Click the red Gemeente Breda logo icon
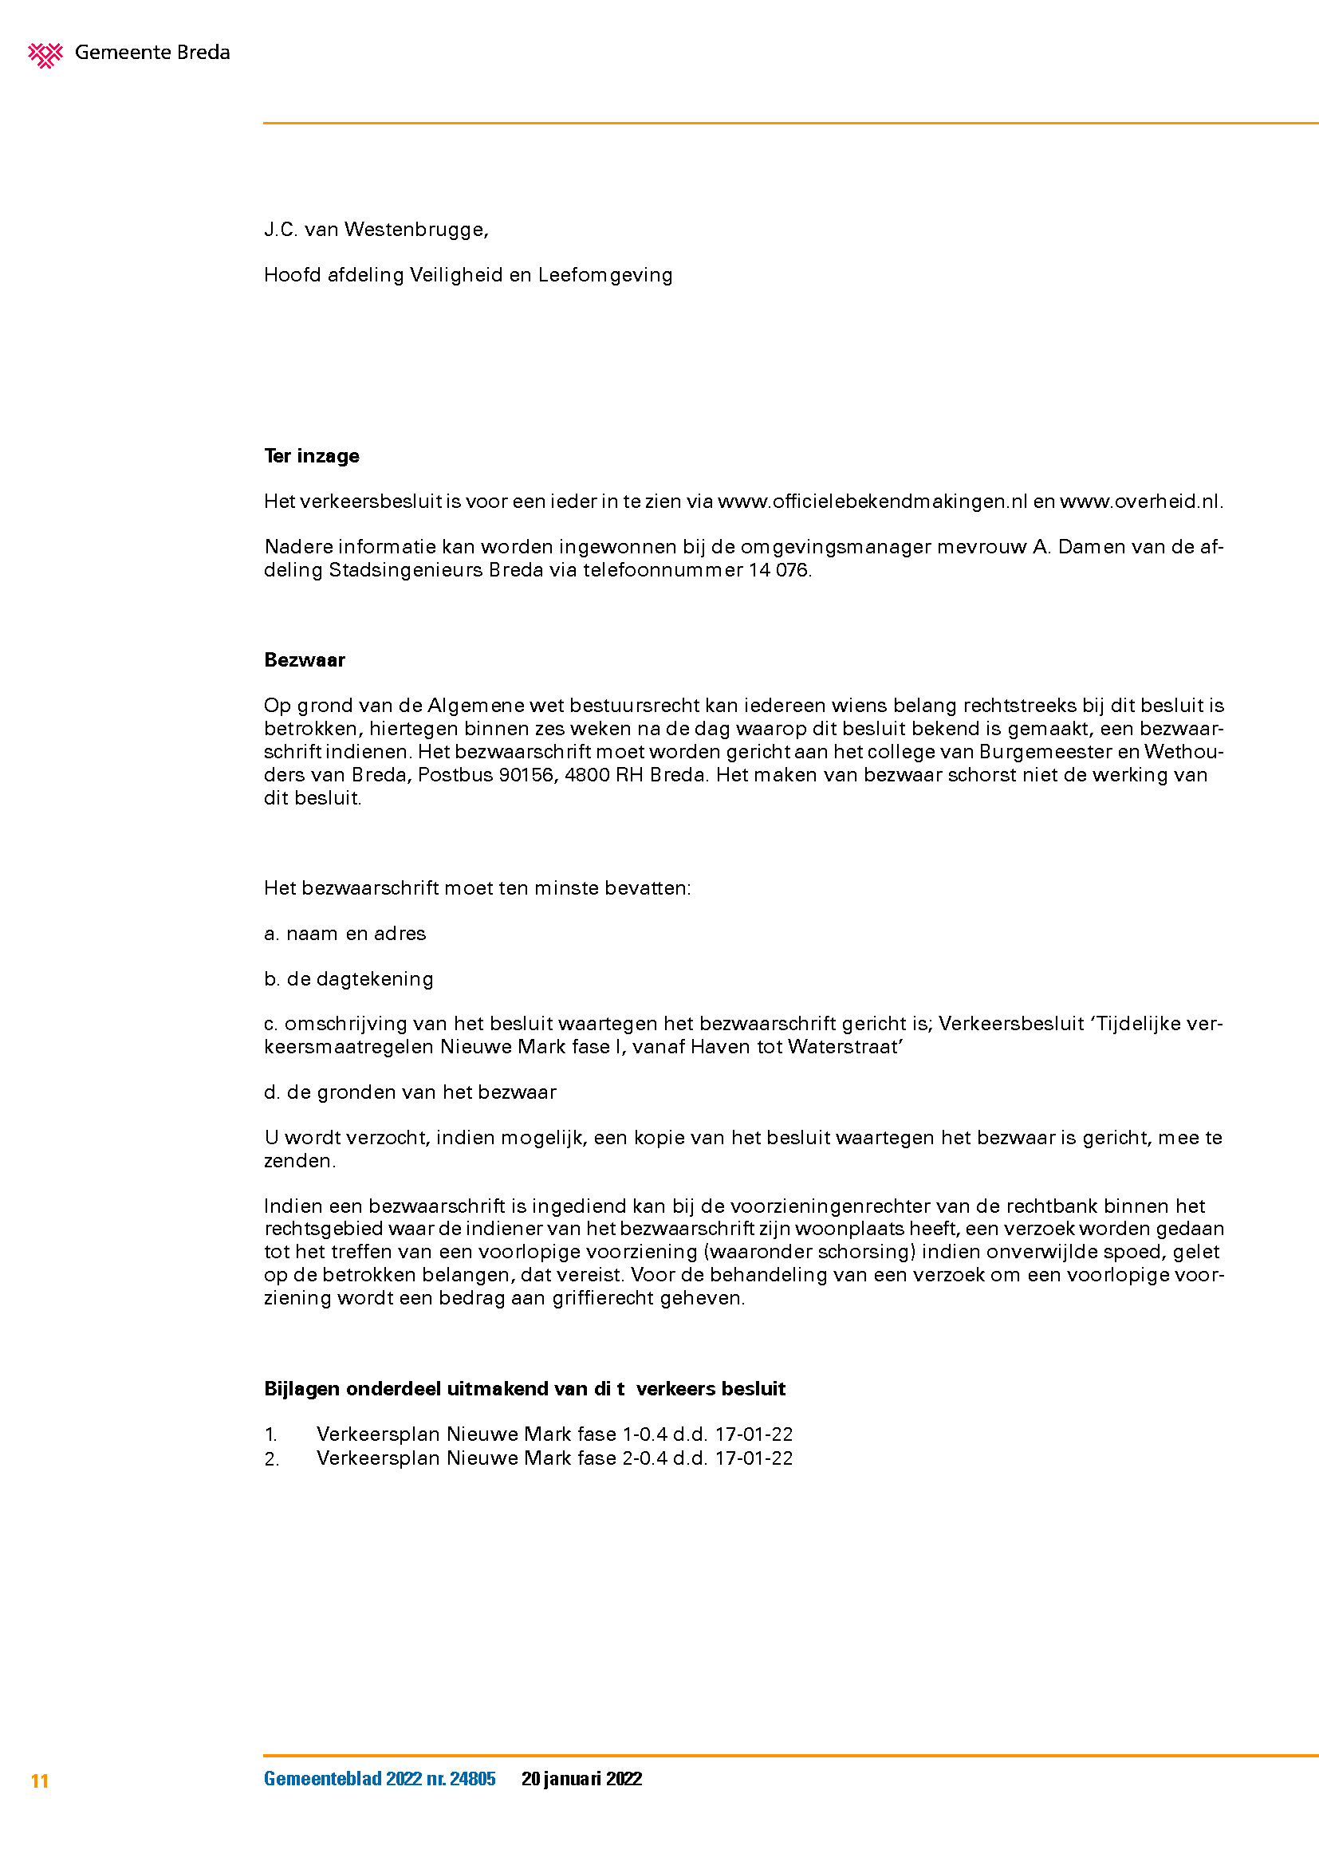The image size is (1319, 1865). click(45, 54)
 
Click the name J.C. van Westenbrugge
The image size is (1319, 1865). click(376, 230)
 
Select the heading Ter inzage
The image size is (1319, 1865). click(311, 456)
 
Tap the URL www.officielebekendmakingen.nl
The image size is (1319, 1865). click(872, 502)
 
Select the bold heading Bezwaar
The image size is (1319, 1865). click(305, 659)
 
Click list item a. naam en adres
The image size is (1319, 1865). click(345, 934)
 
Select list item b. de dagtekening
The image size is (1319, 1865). click(348, 979)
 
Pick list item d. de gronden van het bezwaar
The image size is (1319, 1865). click(409, 1092)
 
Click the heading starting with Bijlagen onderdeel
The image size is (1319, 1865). click(524, 1388)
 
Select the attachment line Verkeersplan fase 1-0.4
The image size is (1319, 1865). click(554, 1434)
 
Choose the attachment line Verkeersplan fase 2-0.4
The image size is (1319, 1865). click(554, 1458)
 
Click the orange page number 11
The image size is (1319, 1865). click(40, 1781)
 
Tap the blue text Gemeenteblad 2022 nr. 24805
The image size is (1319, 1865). click(380, 1779)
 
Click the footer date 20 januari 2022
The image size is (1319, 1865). click(581, 1779)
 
